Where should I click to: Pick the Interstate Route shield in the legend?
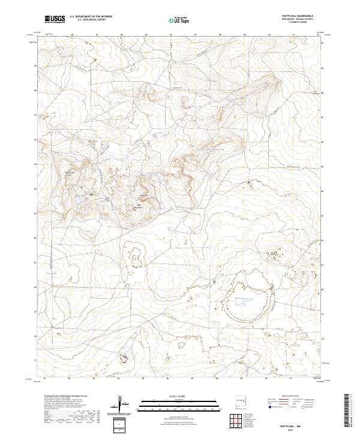(269, 406)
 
